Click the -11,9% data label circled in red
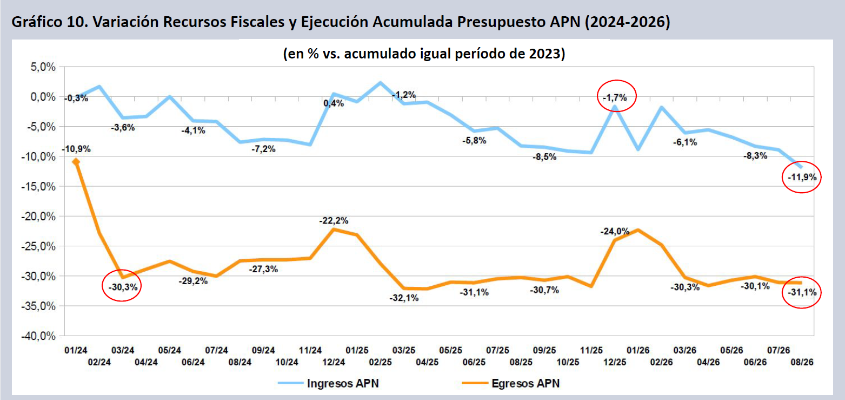[802, 177]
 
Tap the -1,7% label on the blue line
[615, 98]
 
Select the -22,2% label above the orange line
[334, 221]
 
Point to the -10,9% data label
[76, 149]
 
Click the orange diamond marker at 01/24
[76, 162]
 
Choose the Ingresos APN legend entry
[328, 383]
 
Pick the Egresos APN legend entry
[511, 383]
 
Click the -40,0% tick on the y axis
[38, 336]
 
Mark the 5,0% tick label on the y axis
[43, 67]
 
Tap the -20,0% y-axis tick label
[38, 217]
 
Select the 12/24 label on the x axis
[334, 362]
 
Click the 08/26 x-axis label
[802, 362]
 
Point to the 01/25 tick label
[357, 350]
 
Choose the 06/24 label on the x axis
[193, 362]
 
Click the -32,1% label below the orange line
[404, 298]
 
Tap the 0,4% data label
[334, 103]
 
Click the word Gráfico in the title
[37, 22]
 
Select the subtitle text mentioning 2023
[424, 54]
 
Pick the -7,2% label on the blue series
[264, 149]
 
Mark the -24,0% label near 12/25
[615, 231]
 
